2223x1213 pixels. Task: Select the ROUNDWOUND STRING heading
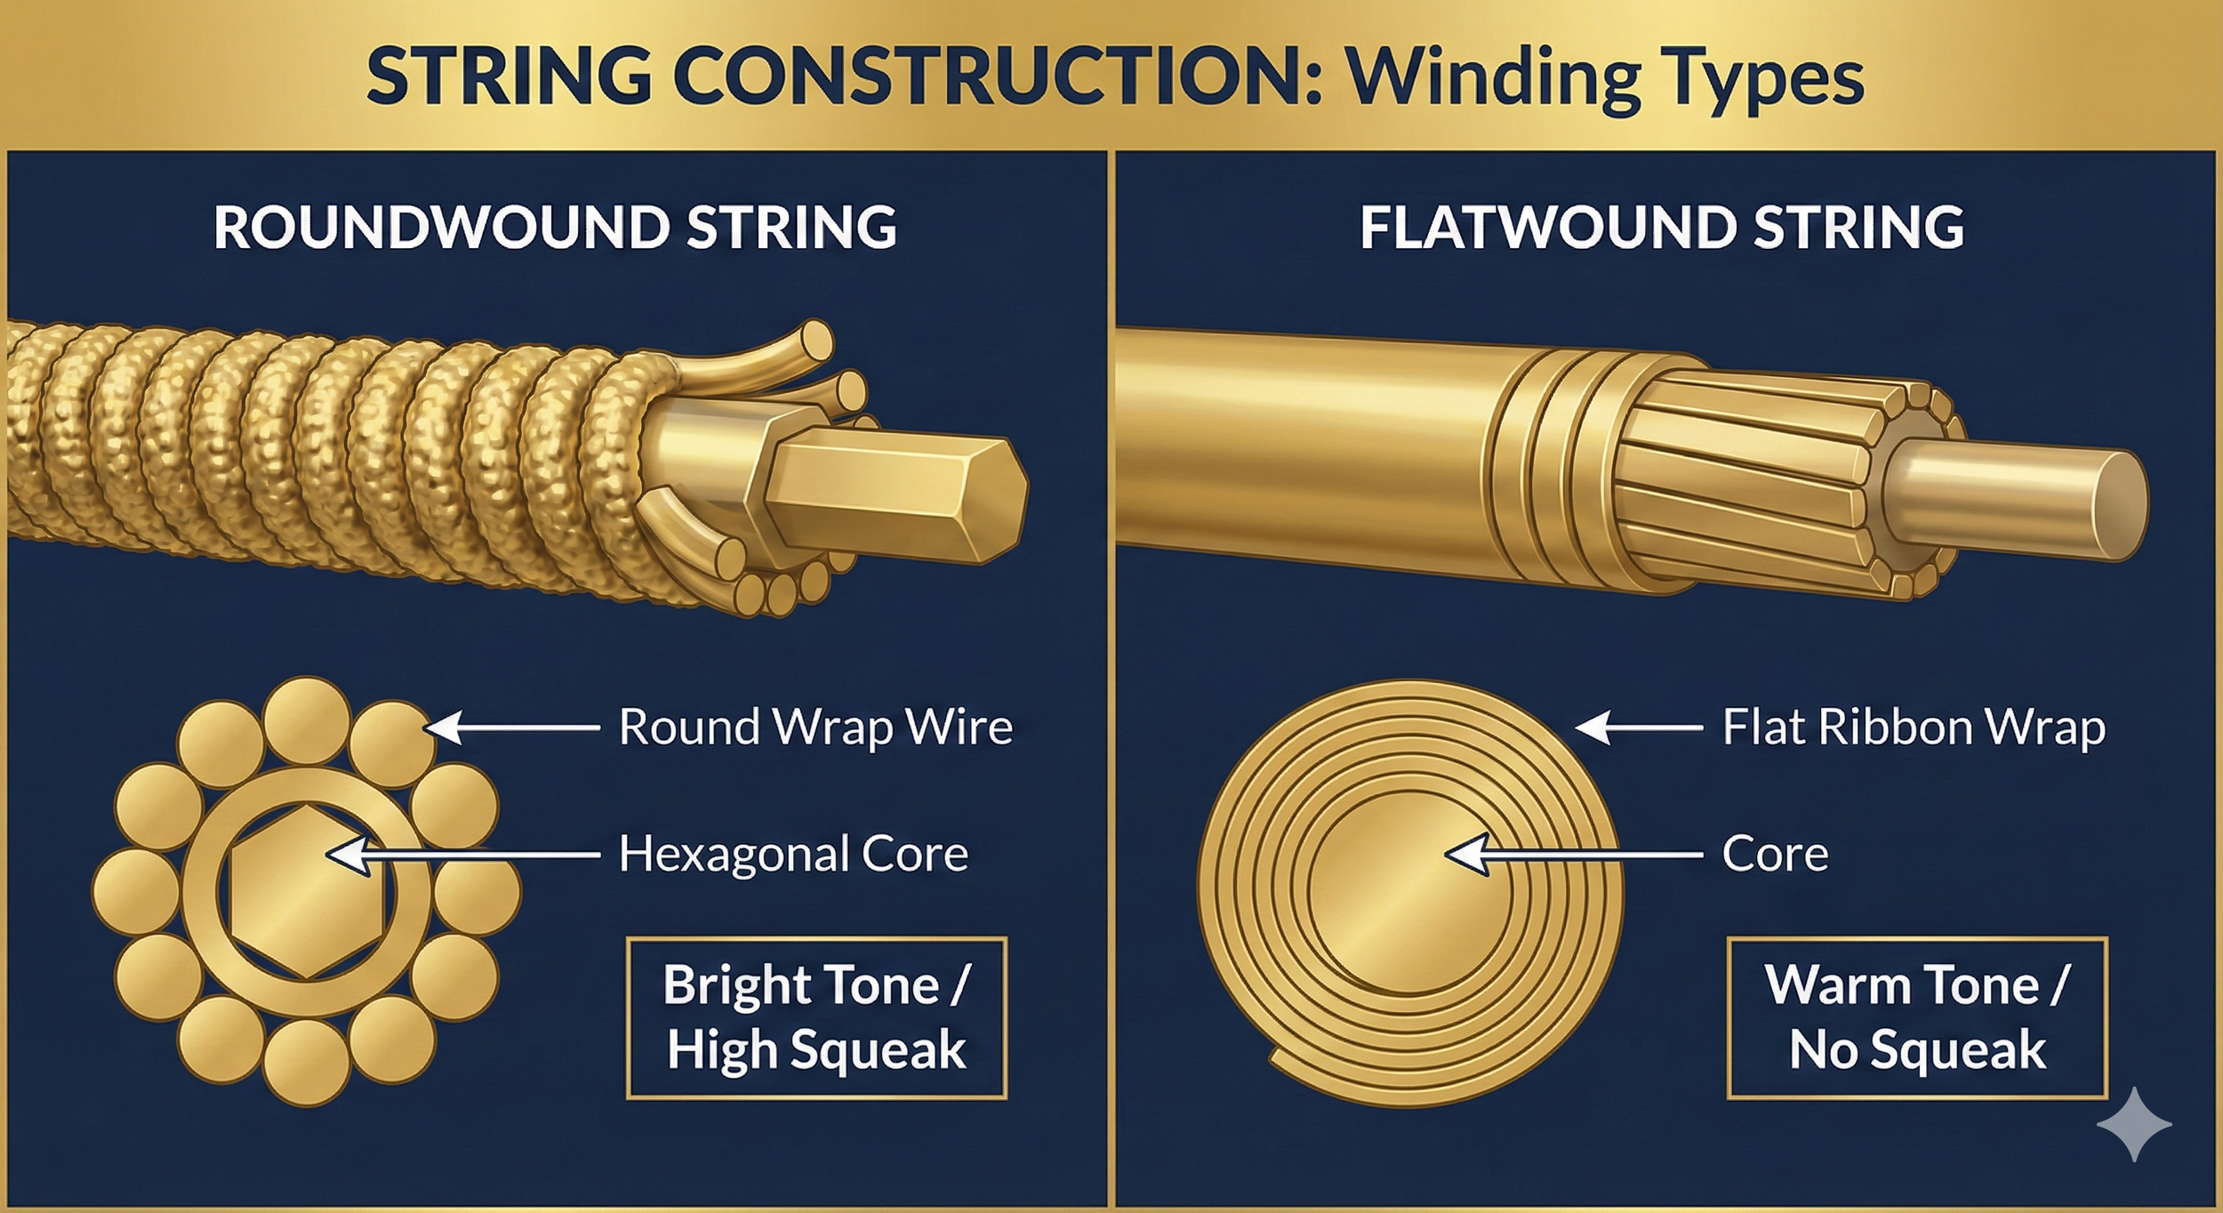tap(555, 227)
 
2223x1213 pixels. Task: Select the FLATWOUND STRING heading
tap(1661, 227)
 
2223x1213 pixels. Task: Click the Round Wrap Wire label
tap(815, 727)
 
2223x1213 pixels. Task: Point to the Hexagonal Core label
tap(792, 854)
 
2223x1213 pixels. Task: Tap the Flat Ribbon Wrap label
tap(1914, 727)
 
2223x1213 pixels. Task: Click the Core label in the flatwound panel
tap(1775, 854)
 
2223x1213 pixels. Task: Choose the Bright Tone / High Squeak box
tap(816, 1017)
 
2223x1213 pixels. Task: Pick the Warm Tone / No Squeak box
tap(1917, 1017)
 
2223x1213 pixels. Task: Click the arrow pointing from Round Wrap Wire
tap(511, 727)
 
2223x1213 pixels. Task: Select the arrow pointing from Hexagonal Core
tap(462, 854)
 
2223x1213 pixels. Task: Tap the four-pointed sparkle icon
tap(2134, 1124)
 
